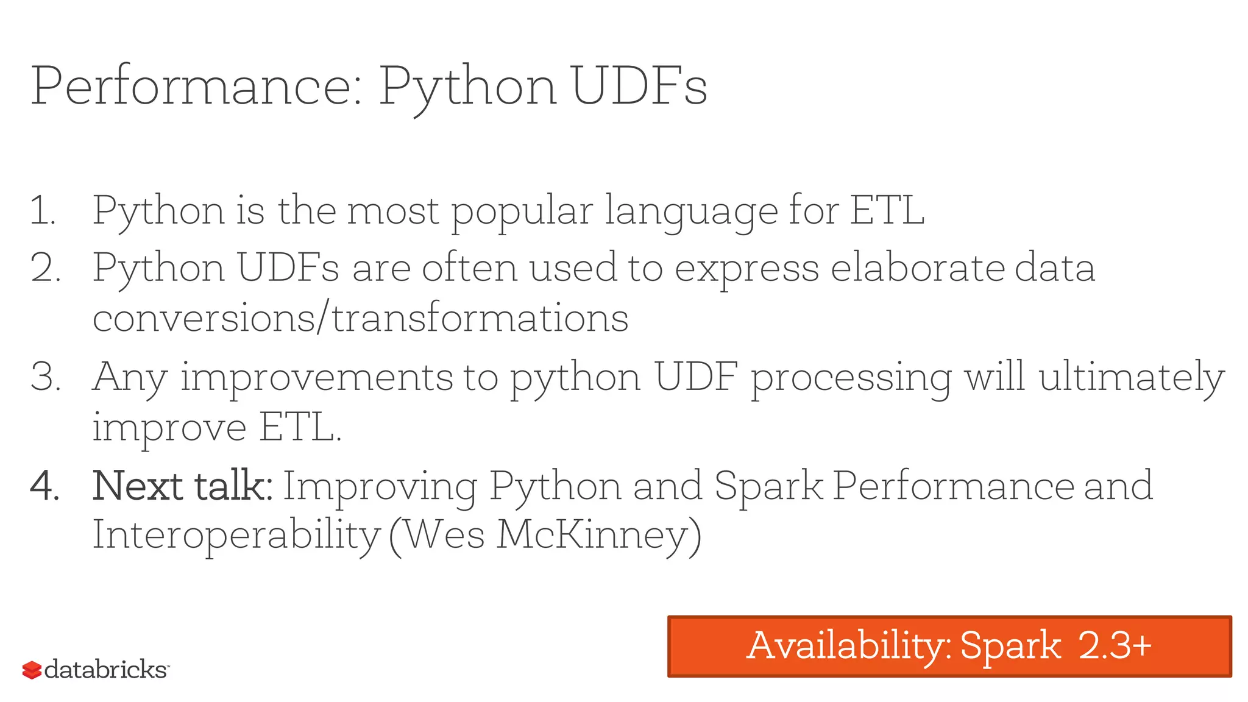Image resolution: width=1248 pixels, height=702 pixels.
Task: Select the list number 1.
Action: pyautogui.click(x=43, y=211)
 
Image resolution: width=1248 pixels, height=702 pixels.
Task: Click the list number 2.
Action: pyautogui.click(x=45, y=268)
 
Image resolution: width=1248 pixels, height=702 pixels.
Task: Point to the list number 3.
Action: pyautogui.click(x=45, y=377)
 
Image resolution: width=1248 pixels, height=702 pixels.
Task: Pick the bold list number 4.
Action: pyautogui.click(x=45, y=486)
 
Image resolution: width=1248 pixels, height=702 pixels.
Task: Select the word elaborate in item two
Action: pyautogui.click(x=917, y=268)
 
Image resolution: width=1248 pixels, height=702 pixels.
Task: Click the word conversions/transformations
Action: pyautogui.click(x=360, y=318)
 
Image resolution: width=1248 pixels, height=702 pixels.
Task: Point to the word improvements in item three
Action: pyautogui.click(x=317, y=377)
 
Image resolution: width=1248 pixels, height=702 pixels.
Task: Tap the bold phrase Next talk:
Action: pyautogui.click(x=182, y=486)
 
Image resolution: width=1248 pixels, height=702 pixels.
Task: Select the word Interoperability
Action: pyautogui.click(x=236, y=535)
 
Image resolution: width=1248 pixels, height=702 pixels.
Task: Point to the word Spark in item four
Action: pyautogui.click(x=768, y=486)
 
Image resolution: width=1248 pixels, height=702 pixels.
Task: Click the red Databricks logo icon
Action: pyautogui.click(x=32, y=670)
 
